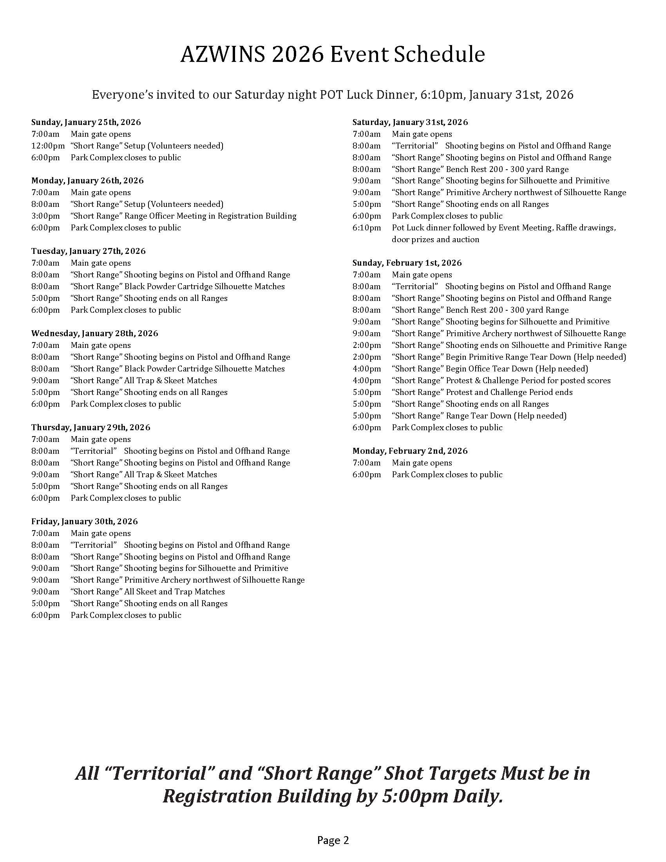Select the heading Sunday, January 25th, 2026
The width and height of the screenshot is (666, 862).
[x=86, y=122]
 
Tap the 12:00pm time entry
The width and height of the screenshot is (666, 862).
[x=48, y=146]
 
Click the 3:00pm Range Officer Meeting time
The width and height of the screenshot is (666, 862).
[x=45, y=216]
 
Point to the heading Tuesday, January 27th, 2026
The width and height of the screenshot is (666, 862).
[x=89, y=252]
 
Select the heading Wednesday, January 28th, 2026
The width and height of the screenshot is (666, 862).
[x=95, y=333]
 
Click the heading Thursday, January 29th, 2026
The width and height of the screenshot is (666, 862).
[x=91, y=427]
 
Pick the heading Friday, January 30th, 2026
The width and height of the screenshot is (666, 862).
[x=85, y=522]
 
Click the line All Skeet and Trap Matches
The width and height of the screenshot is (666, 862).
[x=174, y=592]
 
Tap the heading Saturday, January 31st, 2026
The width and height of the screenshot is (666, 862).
[x=410, y=122]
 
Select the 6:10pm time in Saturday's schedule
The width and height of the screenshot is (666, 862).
[x=367, y=228]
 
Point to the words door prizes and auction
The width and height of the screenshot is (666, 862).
[x=435, y=239]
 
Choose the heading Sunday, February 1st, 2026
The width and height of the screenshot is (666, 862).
[x=407, y=263]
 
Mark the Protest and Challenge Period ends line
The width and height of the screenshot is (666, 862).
[x=509, y=392]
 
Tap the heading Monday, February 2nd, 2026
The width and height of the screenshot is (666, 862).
[x=410, y=451]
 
